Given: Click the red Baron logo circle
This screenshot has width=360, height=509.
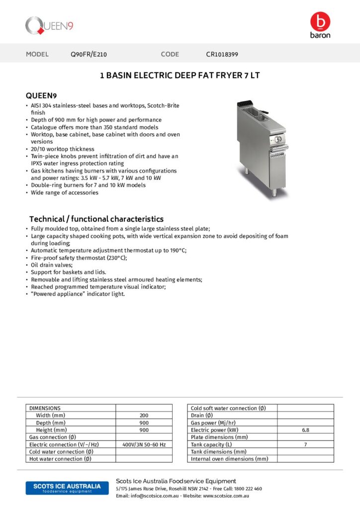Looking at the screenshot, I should point(320,22).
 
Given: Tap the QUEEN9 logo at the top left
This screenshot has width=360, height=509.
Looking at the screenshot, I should point(50,25).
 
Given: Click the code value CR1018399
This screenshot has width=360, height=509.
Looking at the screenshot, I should point(225,54).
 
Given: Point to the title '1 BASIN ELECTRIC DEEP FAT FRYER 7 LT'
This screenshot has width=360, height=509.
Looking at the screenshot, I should point(180,76).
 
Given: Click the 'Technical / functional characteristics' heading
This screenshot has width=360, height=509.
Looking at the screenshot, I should point(96,219).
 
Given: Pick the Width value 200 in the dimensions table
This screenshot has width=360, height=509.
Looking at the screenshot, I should point(144,415).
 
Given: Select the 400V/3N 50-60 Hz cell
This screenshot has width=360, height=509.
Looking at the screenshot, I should point(144,444).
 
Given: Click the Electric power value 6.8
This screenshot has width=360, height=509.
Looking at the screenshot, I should point(305,430).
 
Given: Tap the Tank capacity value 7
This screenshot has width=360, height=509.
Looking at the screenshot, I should point(305,444).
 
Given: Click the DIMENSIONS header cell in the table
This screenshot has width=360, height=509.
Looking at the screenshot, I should point(45,408).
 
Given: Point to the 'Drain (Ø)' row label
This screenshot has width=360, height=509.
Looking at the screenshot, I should point(202,415).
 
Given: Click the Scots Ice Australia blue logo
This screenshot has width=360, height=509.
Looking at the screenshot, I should point(63,488).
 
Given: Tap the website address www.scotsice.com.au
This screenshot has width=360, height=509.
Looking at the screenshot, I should point(226,496).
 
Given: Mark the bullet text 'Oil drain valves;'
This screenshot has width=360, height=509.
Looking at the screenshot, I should point(52,265).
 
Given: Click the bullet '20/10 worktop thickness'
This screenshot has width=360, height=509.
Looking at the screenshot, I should point(62,149).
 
